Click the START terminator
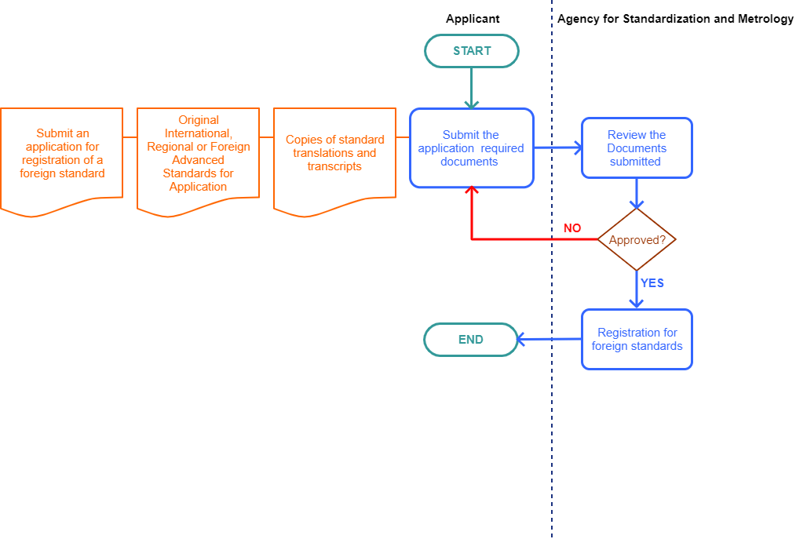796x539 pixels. (472, 51)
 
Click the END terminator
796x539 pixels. (471, 340)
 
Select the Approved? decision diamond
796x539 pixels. (637, 240)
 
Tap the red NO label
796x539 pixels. (572, 228)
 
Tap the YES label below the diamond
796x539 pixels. (652, 282)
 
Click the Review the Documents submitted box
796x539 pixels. (637, 148)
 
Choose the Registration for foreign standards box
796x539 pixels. (637, 339)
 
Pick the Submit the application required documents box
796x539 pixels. (471, 148)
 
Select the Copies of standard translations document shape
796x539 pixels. (335, 157)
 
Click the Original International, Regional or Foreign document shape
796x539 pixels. (199, 157)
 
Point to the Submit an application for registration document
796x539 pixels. (62, 157)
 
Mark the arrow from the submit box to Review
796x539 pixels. (557, 147)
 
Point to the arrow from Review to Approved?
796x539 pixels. (637, 193)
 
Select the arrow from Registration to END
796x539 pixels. (550, 340)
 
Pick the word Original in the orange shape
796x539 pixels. (199, 120)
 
